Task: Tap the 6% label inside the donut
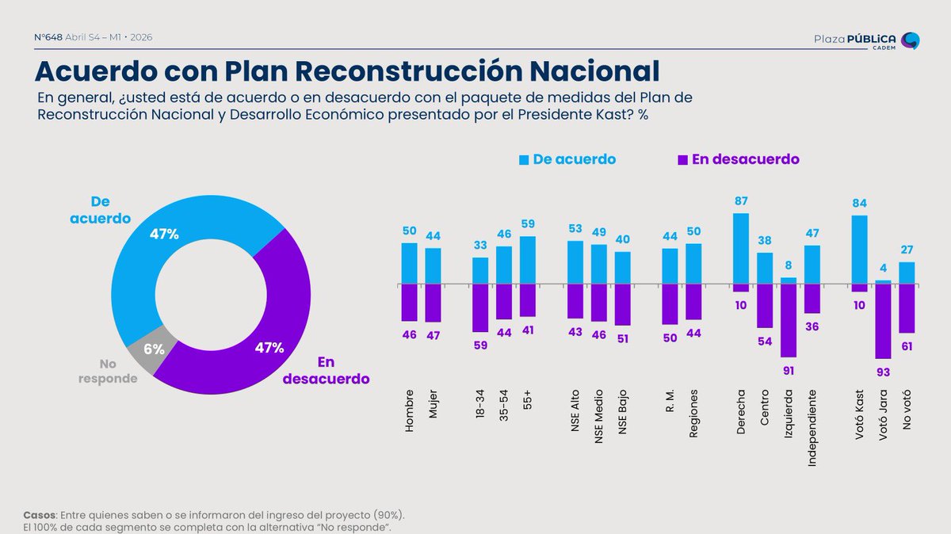coord(154,349)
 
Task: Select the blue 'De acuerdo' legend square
coord(524,160)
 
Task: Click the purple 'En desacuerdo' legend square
coord(682,160)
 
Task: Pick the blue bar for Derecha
coord(741,249)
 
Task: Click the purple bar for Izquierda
coord(789,321)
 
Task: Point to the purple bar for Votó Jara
coord(883,322)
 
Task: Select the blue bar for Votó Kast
coord(859,250)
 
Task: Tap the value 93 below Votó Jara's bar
coord(883,372)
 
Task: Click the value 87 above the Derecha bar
coord(741,200)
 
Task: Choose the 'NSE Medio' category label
coord(598,417)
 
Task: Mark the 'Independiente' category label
coord(812,429)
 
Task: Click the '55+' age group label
coord(528,400)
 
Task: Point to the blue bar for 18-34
coord(480,271)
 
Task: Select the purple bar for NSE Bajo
coord(622,305)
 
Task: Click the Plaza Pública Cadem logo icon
coord(911,40)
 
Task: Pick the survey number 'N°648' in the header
coord(48,37)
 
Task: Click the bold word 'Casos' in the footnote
coord(39,515)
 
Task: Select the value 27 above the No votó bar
coord(907,250)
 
